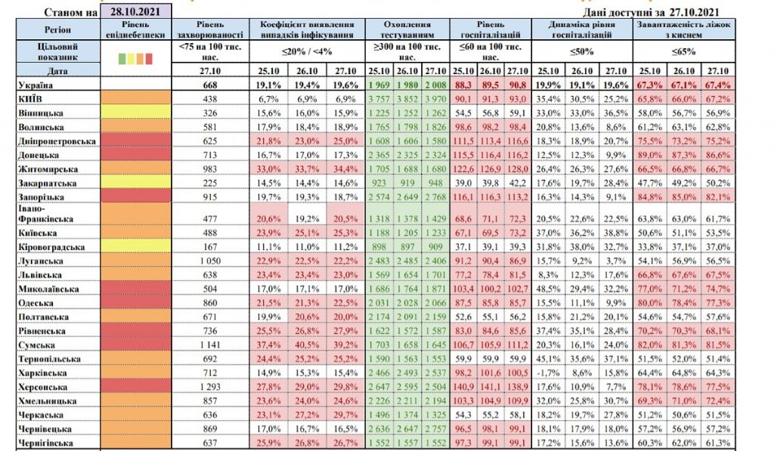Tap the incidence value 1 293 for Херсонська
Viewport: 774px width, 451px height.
[209, 388]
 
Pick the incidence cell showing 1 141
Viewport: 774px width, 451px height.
[209, 345]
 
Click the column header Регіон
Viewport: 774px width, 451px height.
[51, 29]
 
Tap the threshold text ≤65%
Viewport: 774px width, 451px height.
[684, 52]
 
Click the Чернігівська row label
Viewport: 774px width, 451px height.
[46, 443]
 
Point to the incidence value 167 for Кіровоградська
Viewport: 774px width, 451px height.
[209, 247]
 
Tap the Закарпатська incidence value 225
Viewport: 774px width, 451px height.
[209, 183]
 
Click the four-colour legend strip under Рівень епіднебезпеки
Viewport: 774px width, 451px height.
[137, 57]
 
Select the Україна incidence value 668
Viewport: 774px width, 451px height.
[209, 85]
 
